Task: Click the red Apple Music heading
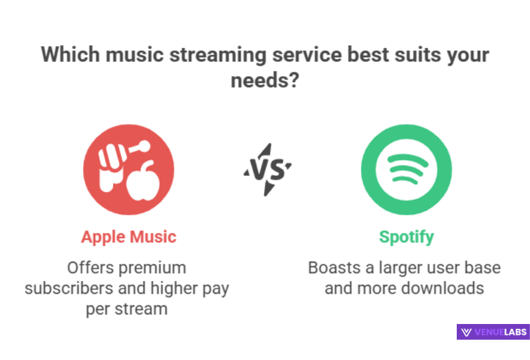pyautogui.click(x=128, y=236)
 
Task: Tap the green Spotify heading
pyautogui.click(x=406, y=236)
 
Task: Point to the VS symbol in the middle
pyautogui.click(x=268, y=170)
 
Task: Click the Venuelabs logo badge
pyautogui.click(x=492, y=332)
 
